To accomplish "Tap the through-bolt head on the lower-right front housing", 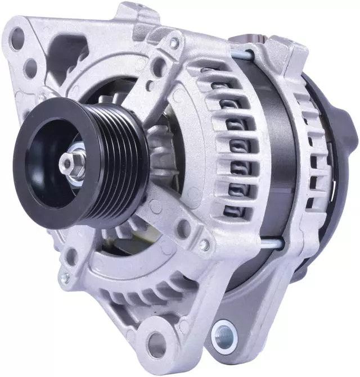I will pos(205,245).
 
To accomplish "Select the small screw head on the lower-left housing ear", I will pos(66,278).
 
